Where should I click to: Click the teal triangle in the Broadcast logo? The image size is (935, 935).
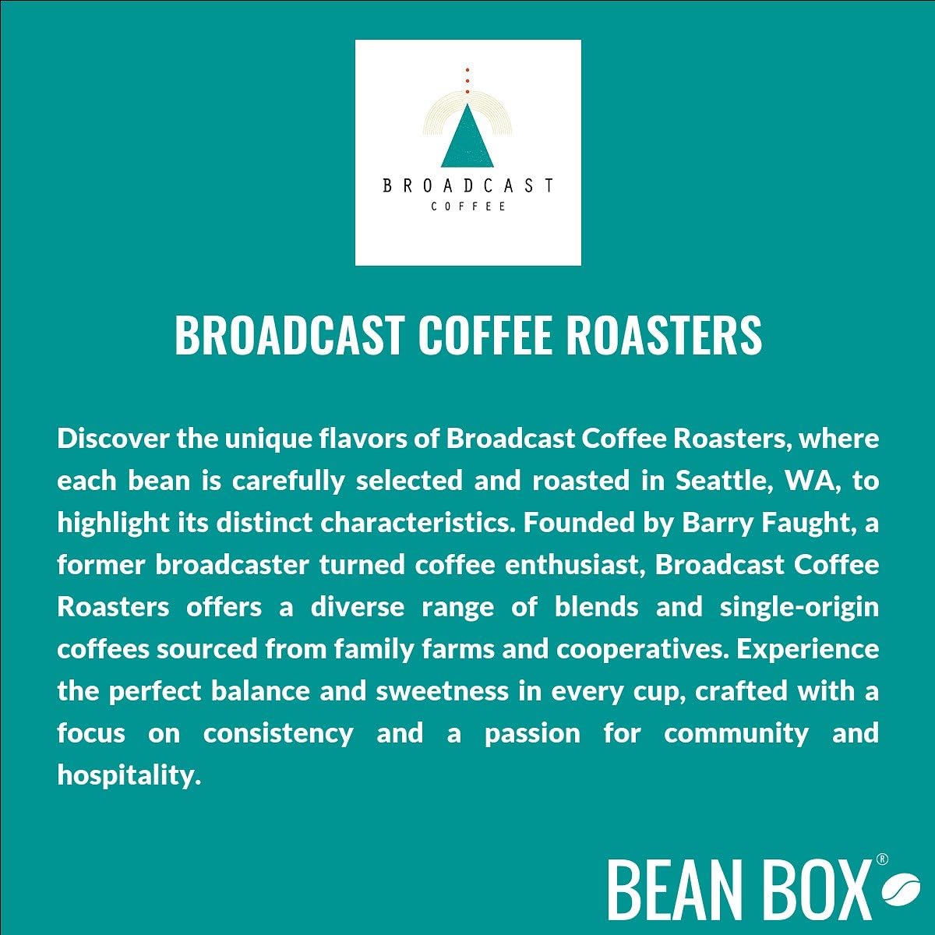pyautogui.click(x=467, y=139)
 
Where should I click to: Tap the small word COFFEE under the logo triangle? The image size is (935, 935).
pyautogui.click(x=468, y=206)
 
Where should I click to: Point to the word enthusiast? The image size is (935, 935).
pyautogui.click(x=572, y=565)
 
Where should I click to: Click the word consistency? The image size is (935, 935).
pyautogui.click(x=278, y=733)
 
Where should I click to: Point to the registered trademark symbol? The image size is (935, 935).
pyautogui.click(x=882, y=859)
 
